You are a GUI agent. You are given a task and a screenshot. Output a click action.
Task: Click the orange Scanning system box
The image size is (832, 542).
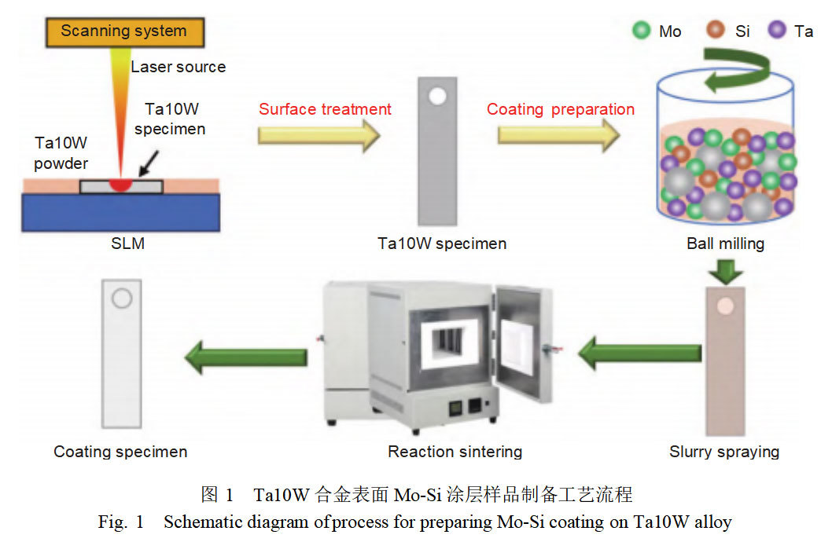click(x=123, y=31)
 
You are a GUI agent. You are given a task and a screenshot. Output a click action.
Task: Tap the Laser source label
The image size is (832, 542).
click(x=178, y=67)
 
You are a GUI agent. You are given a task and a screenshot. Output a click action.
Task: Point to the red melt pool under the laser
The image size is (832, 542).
click(x=121, y=185)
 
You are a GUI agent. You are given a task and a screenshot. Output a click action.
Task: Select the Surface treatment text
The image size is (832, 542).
click(x=325, y=109)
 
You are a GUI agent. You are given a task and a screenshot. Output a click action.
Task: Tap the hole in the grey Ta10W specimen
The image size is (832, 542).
click(x=438, y=97)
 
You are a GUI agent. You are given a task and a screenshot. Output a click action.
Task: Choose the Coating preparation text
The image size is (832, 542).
click(x=560, y=109)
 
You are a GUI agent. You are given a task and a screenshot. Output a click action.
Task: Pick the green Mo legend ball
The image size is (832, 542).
click(x=642, y=31)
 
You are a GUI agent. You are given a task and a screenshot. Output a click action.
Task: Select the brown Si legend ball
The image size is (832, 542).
click(x=716, y=31)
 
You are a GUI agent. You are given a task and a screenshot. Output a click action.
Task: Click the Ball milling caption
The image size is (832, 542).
click(x=724, y=244)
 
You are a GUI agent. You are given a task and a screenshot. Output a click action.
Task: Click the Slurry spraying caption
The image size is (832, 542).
click(x=723, y=452)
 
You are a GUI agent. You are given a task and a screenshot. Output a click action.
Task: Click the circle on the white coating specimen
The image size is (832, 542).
click(x=122, y=299)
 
